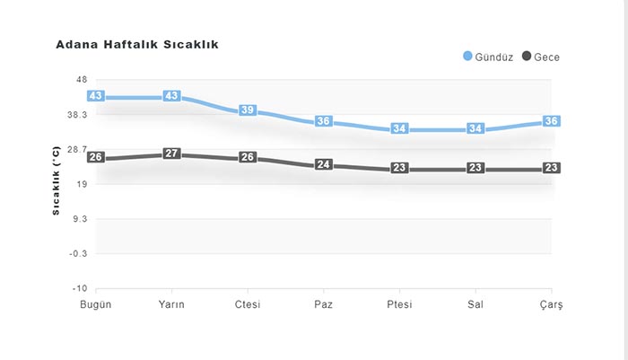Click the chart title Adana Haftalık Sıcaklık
pos(137,44)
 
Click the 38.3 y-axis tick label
pos(76,115)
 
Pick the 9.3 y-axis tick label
pos(79,219)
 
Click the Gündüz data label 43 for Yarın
pos(172,96)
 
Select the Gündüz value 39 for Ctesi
pos(248,110)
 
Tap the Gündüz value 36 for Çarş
pos(552,121)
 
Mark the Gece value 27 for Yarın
pos(172,154)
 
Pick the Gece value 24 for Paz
pos(324,165)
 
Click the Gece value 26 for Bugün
pos(96,158)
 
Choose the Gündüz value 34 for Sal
pos(475,128)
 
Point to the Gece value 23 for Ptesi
pos(400,169)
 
